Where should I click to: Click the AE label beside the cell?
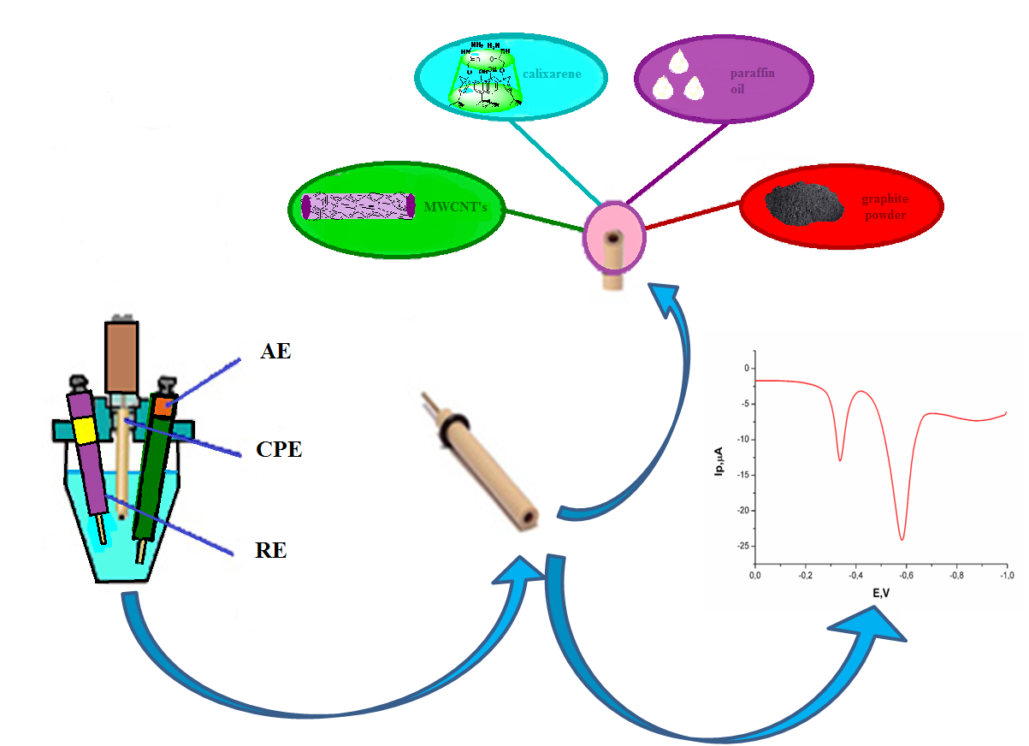pyautogui.click(x=275, y=350)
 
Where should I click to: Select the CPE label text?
pyautogui.click(x=279, y=450)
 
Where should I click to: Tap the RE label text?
pyautogui.click(x=270, y=551)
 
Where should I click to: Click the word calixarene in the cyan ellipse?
pyautogui.click(x=553, y=74)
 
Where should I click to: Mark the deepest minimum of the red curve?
pyautogui.click(x=902, y=539)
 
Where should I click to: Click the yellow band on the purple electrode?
pyautogui.click(x=85, y=430)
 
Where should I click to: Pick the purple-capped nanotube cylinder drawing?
pyautogui.click(x=358, y=205)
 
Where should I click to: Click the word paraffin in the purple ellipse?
pyautogui.click(x=753, y=74)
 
